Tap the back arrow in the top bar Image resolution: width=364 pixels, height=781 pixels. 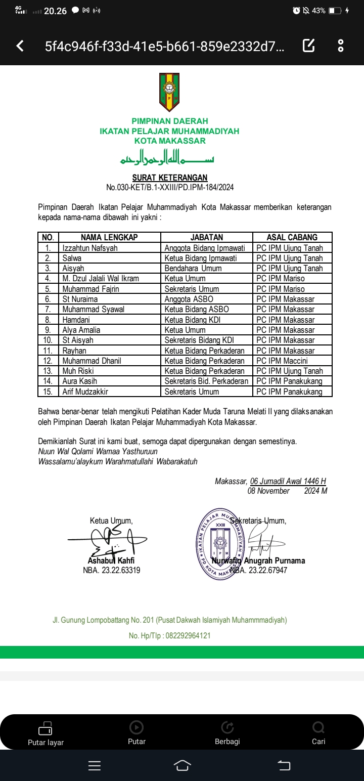tap(20, 47)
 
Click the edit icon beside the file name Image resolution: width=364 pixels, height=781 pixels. tap(308, 46)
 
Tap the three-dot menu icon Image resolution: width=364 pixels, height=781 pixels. tap(341, 46)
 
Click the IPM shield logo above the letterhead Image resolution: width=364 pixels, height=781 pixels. tap(169, 92)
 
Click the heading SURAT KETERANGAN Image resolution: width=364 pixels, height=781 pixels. tap(170, 178)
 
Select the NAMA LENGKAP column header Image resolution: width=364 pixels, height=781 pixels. tap(109, 237)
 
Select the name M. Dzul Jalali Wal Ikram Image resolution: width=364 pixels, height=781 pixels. tap(101, 279)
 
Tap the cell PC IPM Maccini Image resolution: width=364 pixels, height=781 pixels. tap(282, 361)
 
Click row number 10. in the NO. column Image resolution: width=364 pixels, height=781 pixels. tap(48, 340)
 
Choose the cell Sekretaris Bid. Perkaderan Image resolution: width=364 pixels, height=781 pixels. tap(206, 381)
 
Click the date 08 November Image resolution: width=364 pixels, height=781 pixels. tap(268, 491)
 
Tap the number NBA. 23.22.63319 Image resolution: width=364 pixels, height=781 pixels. tap(111, 570)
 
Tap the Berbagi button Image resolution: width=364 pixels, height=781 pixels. tap(227, 733)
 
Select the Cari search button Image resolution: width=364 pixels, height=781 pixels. tap(318, 733)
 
